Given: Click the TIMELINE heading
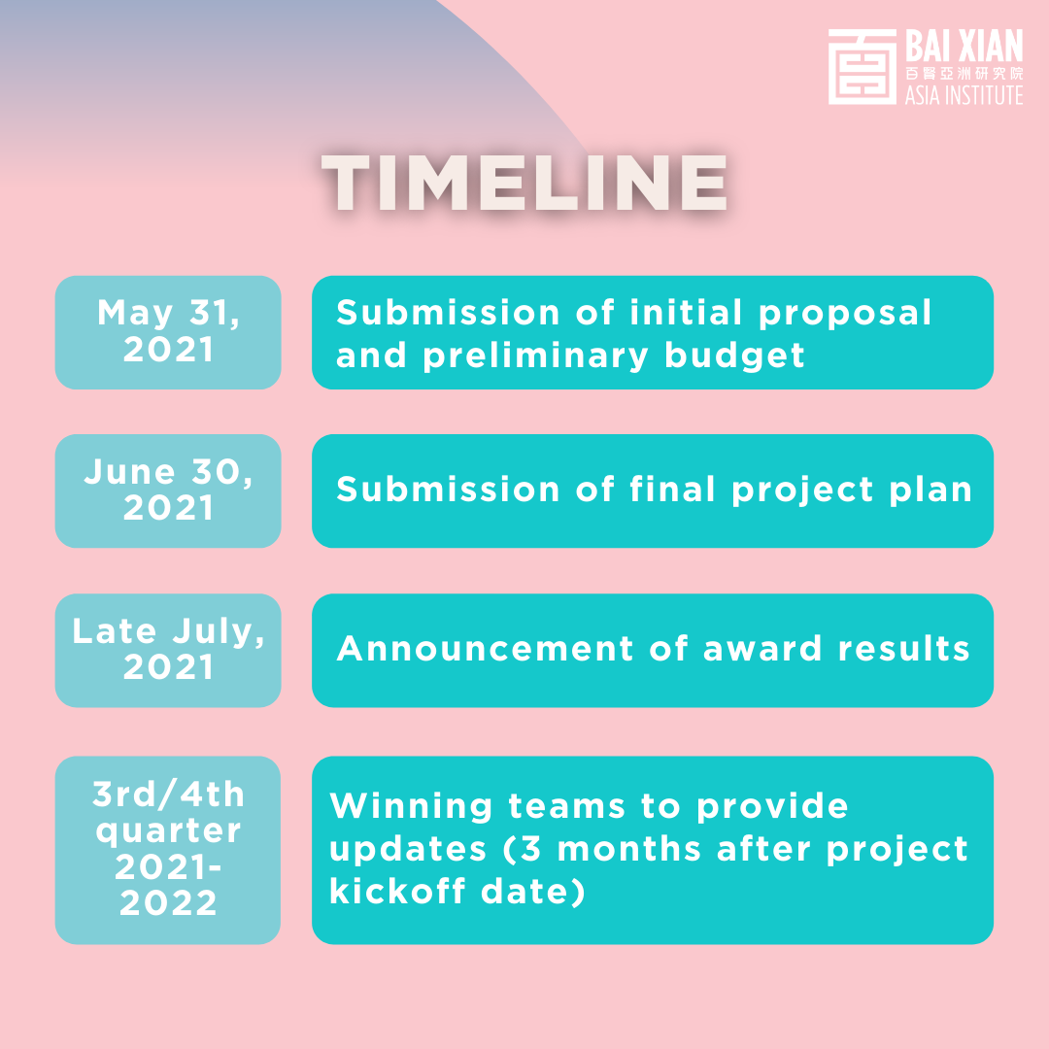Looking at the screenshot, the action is click(x=524, y=183).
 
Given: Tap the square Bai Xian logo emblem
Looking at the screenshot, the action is click(x=863, y=67).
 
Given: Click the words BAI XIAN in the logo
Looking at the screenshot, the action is click(x=964, y=47).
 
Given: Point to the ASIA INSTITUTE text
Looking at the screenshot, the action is click(x=964, y=95).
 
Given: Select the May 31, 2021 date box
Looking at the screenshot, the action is click(x=168, y=332).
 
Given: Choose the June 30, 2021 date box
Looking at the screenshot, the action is click(x=168, y=491).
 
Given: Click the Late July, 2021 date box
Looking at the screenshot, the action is click(x=168, y=650).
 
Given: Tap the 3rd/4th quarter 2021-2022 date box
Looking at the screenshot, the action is click(x=168, y=850).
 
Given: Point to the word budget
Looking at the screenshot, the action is click(x=734, y=356).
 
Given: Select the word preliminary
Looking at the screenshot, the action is click(x=535, y=356).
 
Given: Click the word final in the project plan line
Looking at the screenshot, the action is click(x=672, y=489).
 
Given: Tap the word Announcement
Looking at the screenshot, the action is click(x=485, y=648).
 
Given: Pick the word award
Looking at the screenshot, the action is click(x=762, y=648).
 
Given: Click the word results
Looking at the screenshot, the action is click(x=904, y=648).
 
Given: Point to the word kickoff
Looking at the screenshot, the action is click(x=397, y=891).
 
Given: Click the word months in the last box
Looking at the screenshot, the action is click(x=628, y=849).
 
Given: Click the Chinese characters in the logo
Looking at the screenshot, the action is click(x=964, y=74).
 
